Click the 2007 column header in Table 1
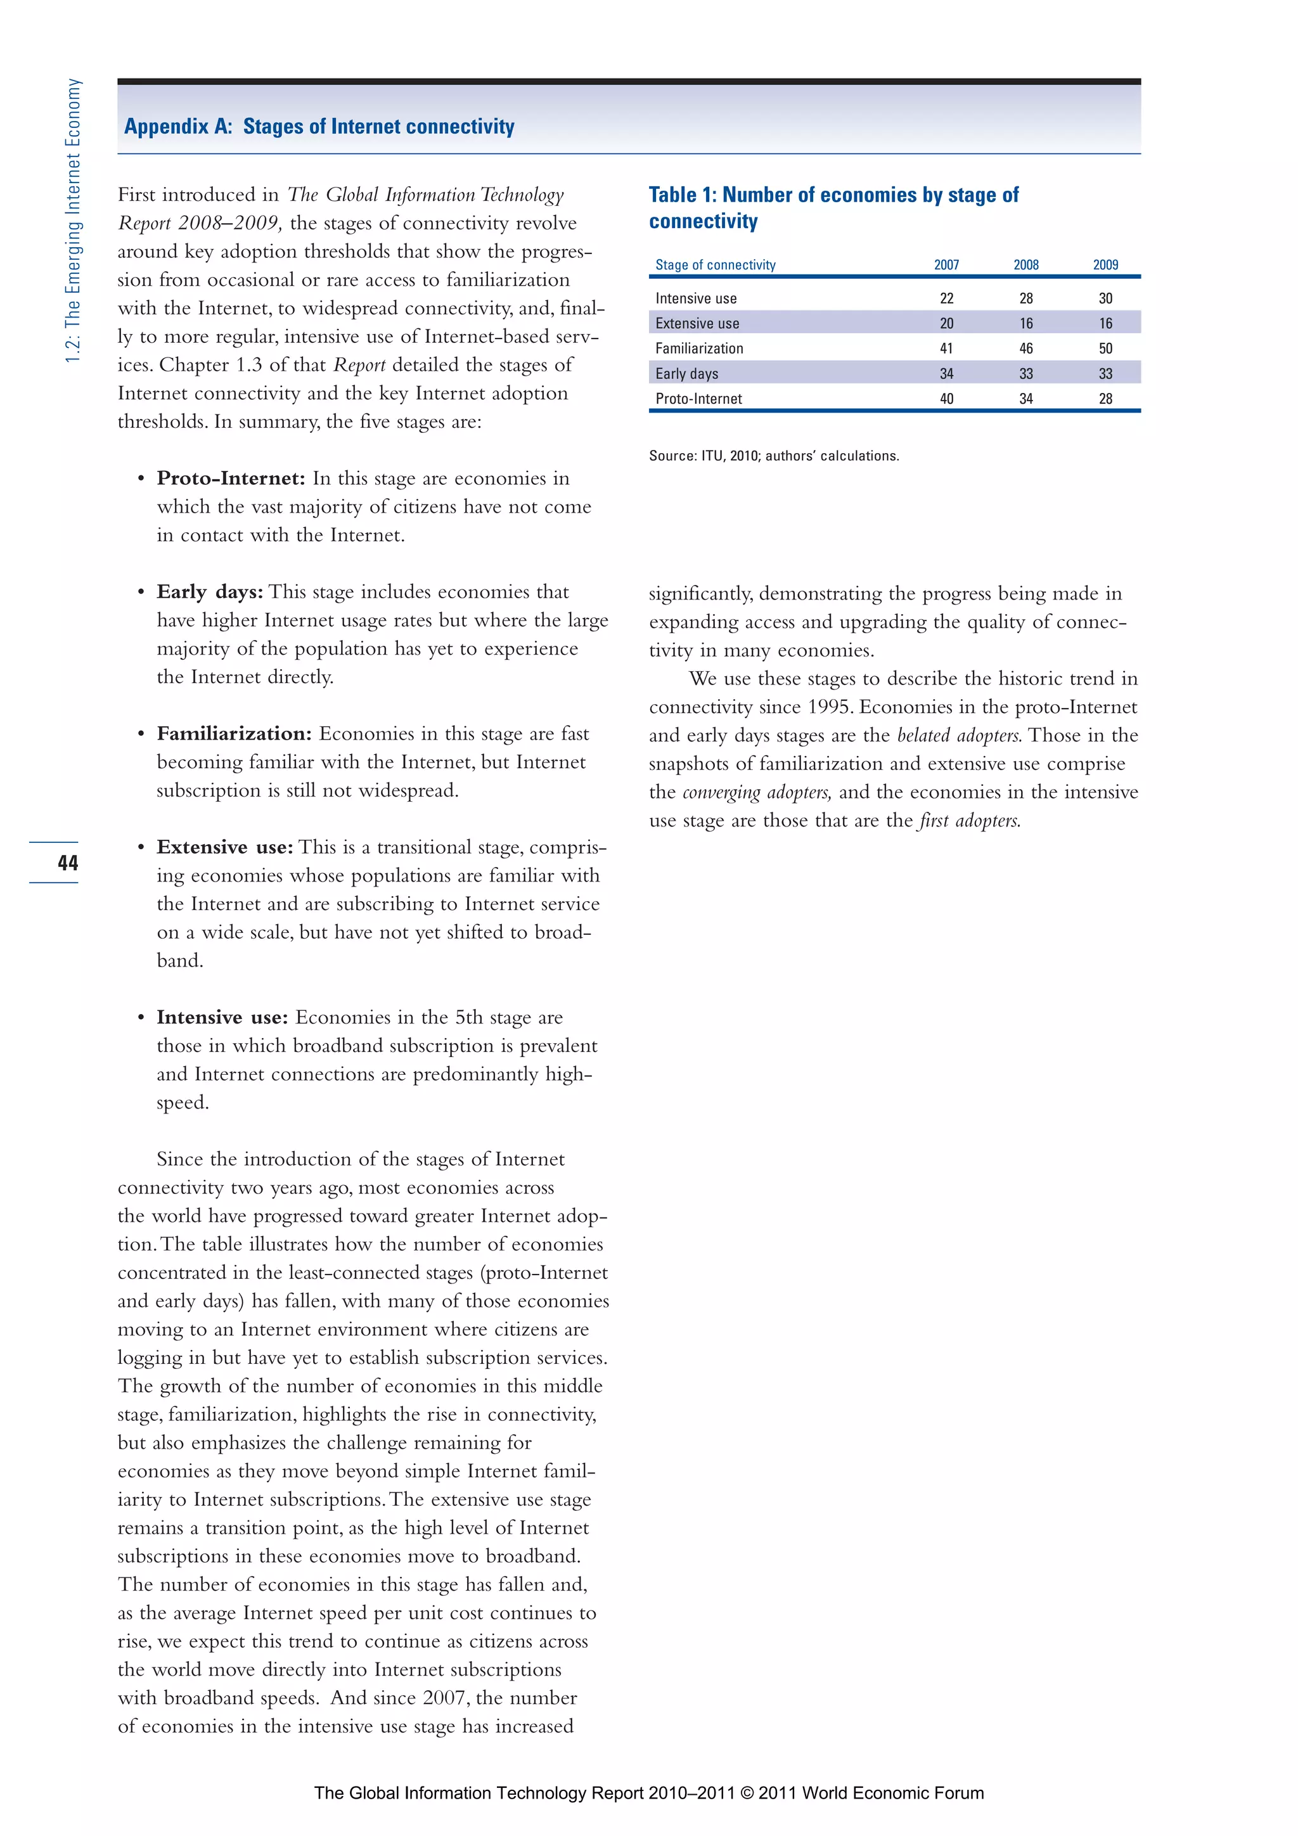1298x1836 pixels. pos(946,265)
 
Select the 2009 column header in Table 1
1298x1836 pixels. pos(1105,265)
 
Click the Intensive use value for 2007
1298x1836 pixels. pos(946,299)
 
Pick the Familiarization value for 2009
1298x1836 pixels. pos(1105,349)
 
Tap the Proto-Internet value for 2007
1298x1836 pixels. pos(946,399)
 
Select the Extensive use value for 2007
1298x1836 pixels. pos(946,323)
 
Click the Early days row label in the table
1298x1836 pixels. pos(686,373)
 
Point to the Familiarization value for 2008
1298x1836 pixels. pos(1025,349)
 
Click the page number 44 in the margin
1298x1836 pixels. pos(67,863)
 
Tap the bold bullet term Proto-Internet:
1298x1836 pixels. pos(230,478)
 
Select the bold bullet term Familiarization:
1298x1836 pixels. pos(233,733)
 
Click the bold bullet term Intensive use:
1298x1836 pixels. pos(222,1017)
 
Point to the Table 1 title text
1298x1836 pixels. pos(833,207)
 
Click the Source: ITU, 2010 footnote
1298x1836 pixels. pos(773,456)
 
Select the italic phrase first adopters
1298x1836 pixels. pos(968,821)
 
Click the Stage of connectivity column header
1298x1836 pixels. pos(715,265)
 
